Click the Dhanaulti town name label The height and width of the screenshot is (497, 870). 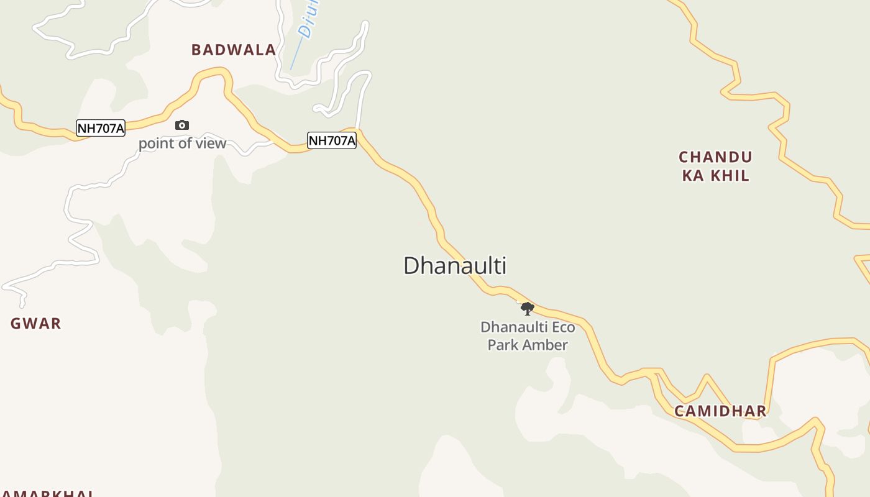(455, 265)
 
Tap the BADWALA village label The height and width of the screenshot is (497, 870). (234, 50)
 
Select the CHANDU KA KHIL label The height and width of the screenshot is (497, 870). (715, 166)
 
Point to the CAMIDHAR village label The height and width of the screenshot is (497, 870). (720, 411)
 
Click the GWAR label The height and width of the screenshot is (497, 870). (36, 323)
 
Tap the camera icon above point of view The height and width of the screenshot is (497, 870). (181, 125)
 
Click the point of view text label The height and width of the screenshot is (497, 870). (182, 144)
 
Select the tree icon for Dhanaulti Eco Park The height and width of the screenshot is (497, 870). (528, 308)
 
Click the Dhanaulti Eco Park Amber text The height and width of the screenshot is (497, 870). (528, 335)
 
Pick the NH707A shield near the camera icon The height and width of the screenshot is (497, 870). (101, 129)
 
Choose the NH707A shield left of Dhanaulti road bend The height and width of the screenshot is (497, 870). (332, 140)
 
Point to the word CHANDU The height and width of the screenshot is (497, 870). (715, 157)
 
